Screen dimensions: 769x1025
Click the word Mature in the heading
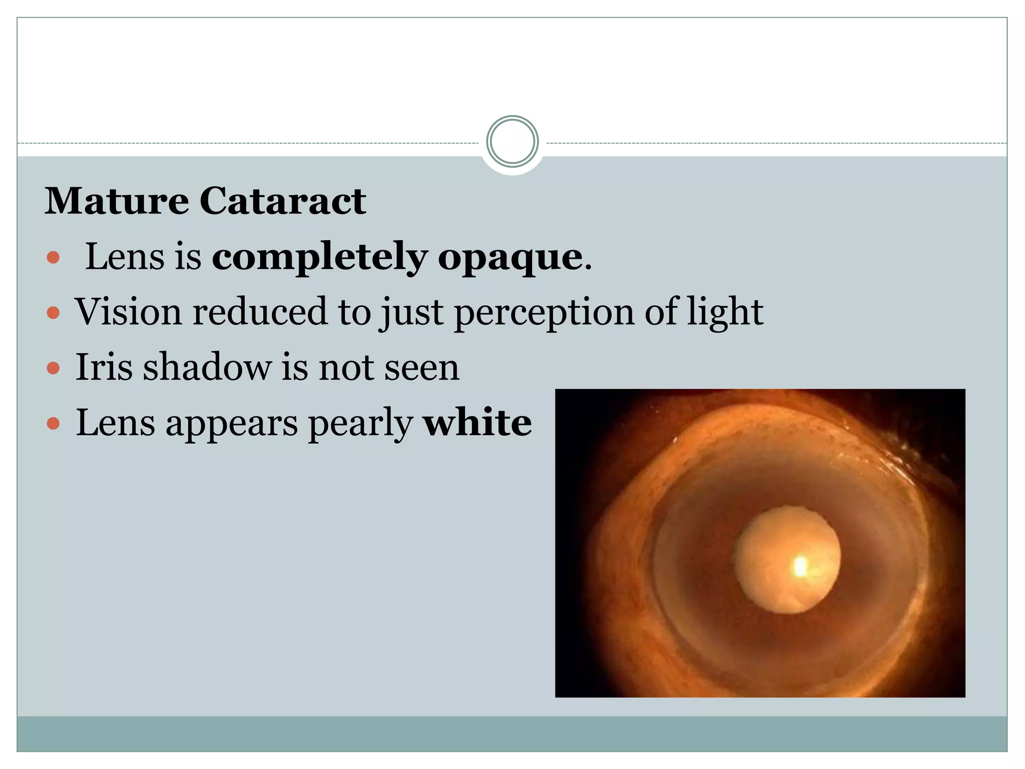click(x=117, y=201)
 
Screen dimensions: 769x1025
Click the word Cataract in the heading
click(x=283, y=201)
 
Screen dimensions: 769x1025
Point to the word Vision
click(x=128, y=311)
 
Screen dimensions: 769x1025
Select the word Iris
click(x=104, y=367)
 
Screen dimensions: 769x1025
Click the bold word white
click(x=477, y=423)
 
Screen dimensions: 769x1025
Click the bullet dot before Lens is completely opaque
click(x=53, y=258)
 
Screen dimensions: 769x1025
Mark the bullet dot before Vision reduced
click(x=53, y=313)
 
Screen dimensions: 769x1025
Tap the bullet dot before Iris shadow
click(x=53, y=369)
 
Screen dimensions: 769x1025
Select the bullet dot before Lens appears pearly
click(x=53, y=425)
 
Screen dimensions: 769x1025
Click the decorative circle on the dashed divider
click(x=512, y=142)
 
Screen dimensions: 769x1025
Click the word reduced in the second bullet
click(x=260, y=311)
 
